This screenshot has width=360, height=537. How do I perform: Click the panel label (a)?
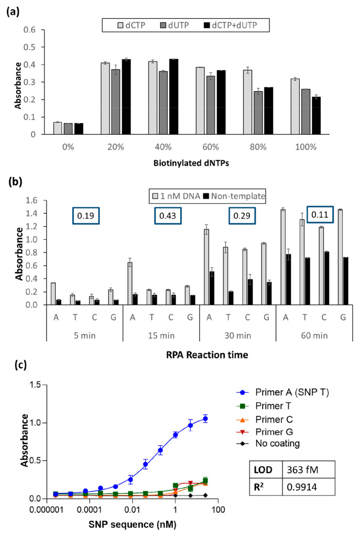[12, 9]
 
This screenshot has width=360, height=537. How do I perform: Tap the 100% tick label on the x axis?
[306, 147]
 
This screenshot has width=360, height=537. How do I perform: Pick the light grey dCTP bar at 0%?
[58, 128]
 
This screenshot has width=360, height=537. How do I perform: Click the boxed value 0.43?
[166, 216]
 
